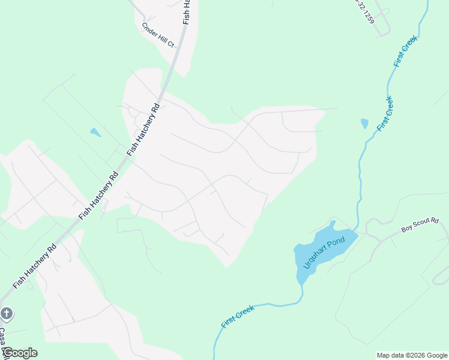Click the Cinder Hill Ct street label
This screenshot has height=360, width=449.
pyautogui.click(x=158, y=35)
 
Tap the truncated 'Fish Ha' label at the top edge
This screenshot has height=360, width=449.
pyautogui.click(x=187, y=10)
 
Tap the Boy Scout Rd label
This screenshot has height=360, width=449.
pyautogui.click(x=420, y=225)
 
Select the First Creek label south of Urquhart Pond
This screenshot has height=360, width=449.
pyautogui.click(x=238, y=316)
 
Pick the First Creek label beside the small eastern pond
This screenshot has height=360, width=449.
pyautogui.click(x=385, y=115)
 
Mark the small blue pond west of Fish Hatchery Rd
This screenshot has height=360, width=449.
pyautogui.click(x=94, y=132)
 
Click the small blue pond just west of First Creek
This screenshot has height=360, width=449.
pyautogui.click(x=364, y=124)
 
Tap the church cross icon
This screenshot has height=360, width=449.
pyautogui.click(x=7, y=313)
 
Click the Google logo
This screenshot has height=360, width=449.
pyautogui.click(x=19, y=353)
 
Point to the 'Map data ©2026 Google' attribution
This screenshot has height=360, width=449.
pyautogui.click(x=412, y=355)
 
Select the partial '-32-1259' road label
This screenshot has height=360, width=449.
pyautogui.click(x=364, y=11)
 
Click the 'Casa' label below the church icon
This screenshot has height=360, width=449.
pyautogui.click(x=3, y=336)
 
